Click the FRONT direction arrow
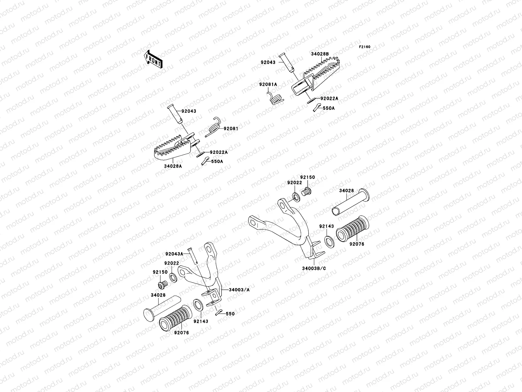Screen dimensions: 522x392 pos(153,59)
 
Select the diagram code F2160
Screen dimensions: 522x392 pos(364,47)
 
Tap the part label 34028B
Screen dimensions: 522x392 pos(320,54)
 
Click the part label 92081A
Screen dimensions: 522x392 pos(268,85)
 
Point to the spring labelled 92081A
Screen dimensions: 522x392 pos(276,98)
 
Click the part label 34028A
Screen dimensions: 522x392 pos(173,166)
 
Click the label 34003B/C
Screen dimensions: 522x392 pos(314,269)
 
